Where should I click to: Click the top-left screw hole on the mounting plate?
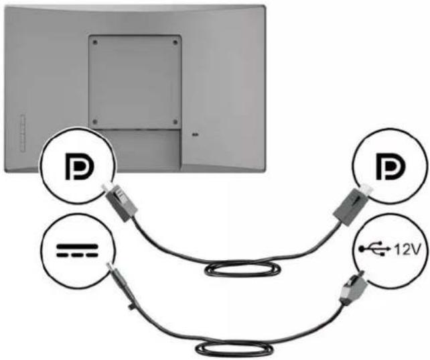[x=95, y=42]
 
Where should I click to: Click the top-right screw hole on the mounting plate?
[x=175, y=42]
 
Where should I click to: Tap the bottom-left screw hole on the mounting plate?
[x=95, y=121]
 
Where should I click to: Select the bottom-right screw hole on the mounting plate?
[x=175, y=121]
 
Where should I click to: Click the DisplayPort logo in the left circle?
[x=80, y=166]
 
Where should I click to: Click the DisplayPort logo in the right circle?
[x=390, y=166]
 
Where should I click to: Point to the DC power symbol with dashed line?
[x=77, y=251]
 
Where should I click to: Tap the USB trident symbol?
[x=374, y=249]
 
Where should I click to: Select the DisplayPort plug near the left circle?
[x=120, y=202]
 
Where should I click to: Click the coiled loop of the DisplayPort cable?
[x=242, y=269]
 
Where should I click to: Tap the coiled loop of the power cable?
[x=234, y=349]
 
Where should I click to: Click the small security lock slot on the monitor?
[x=196, y=135]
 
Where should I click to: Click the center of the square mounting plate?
[x=135, y=82]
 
